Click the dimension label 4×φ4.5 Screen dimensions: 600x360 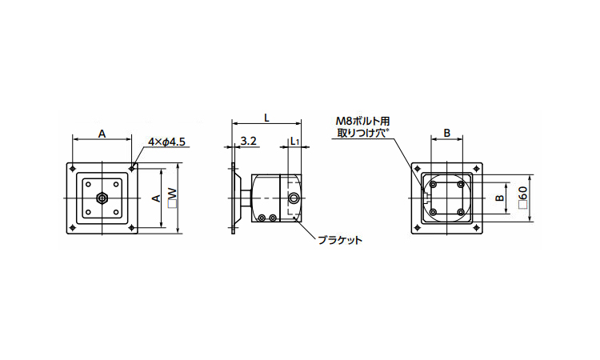(x=167, y=142)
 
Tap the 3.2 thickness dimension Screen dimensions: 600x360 (x=248, y=141)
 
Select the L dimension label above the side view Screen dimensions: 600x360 (x=266, y=118)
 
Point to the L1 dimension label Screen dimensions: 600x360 (x=294, y=141)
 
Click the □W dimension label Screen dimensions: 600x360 (x=173, y=198)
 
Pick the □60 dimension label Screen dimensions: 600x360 (x=523, y=198)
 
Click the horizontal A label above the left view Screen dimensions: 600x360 (x=102, y=134)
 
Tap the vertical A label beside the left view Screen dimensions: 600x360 (x=156, y=198)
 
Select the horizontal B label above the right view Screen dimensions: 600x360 (x=446, y=133)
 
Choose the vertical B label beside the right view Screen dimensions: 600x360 (x=499, y=198)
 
